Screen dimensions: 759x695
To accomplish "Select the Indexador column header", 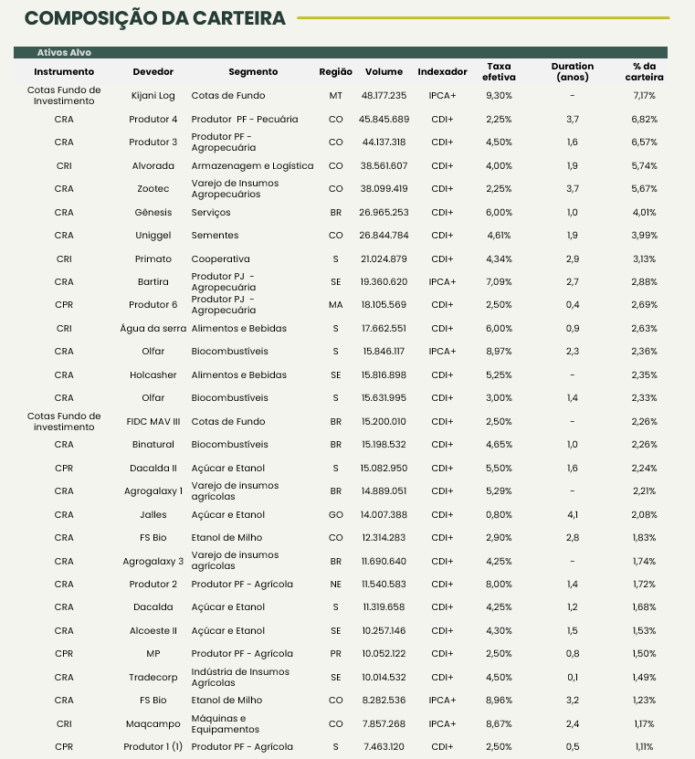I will pos(442,71).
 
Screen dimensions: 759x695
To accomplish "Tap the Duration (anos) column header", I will pos(573,71).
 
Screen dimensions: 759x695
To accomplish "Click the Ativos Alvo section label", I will pos(64,52).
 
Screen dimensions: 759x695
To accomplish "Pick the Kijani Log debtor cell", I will pos(153,95).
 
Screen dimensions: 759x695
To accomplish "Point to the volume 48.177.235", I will pos(384,95).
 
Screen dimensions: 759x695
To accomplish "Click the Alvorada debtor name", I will pos(153,165).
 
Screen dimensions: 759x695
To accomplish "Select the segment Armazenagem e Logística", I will pos(252,165).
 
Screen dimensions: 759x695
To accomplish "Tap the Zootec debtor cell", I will pos(153,188).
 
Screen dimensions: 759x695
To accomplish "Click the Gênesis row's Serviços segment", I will pos(210,212).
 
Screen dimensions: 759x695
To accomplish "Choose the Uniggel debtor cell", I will pos(153,235).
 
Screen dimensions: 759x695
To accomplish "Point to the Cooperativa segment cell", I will pos(220,258).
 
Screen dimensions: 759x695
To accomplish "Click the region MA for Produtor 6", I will pos(336,304).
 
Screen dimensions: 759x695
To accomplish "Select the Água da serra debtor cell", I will pos(153,328).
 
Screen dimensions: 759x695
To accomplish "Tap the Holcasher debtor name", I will pos(153,374).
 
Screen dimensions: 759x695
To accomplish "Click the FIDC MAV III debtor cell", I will pos(153,421).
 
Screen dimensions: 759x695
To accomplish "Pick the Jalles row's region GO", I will pos(336,514).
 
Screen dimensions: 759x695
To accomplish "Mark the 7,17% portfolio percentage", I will pos(645,95).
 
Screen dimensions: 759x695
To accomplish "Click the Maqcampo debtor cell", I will pos(153,723).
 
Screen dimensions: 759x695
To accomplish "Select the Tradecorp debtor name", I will pos(153,677).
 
